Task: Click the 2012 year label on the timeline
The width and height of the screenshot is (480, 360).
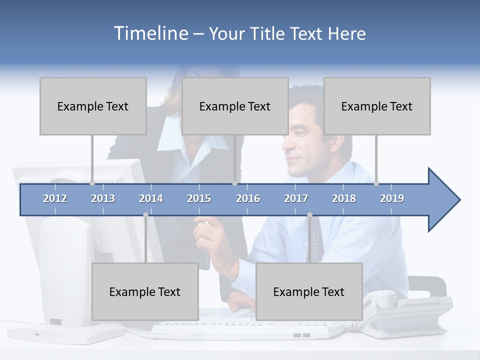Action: [x=55, y=198]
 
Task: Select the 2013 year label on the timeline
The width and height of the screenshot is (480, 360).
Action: [x=103, y=198]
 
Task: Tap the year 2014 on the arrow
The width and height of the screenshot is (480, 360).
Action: [x=151, y=198]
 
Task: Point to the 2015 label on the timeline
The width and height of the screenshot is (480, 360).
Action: [x=199, y=198]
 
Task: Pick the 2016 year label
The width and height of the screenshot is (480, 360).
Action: [x=248, y=198]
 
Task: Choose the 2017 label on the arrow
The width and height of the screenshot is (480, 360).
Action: [x=296, y=198]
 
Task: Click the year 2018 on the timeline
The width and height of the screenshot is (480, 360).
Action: [x=344, y=198]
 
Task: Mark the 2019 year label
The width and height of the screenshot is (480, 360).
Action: [x=392, y=198]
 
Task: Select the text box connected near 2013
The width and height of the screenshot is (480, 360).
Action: [x=93, y=106]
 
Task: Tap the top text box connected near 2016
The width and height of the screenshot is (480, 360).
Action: [x=235, y=106]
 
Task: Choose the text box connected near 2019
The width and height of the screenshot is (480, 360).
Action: [x=377, y=106]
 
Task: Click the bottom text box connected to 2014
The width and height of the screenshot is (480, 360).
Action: [x=145, y=291]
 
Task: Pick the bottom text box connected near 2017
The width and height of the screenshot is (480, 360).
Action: [x=309, y=291]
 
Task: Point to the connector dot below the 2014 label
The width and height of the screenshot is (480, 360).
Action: [x=145, y=215]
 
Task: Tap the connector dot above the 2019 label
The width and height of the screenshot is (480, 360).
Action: [x=376, y=183]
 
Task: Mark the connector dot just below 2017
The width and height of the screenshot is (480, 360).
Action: [x=309, y=215]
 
